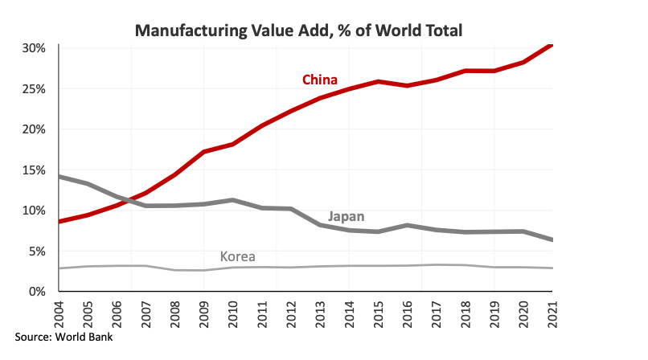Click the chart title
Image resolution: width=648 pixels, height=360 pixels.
tap(298, 31)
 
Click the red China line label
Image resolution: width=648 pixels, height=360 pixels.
tap(319, 79)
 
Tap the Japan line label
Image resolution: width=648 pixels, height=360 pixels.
tap(347, 216)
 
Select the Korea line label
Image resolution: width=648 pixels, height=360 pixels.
tap(238, 257)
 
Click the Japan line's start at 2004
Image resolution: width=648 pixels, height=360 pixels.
tap(61, 176)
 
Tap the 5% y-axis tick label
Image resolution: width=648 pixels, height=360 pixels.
tap(37, 251)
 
